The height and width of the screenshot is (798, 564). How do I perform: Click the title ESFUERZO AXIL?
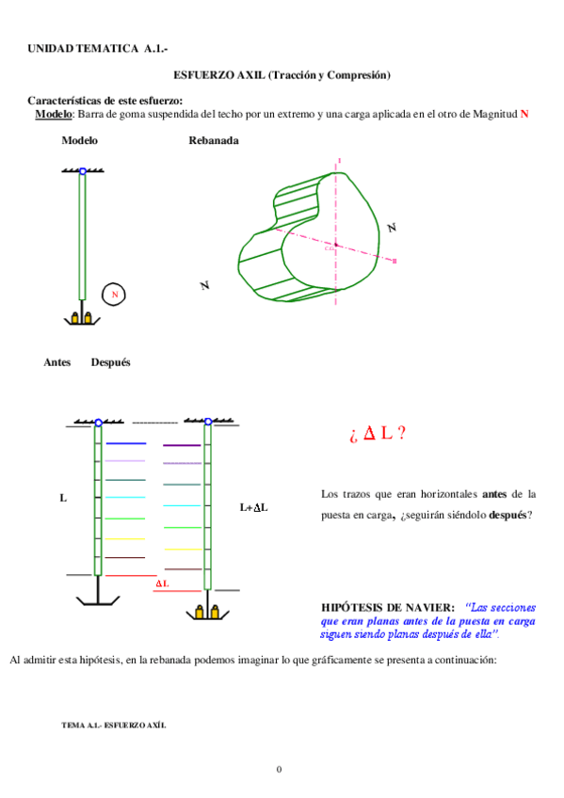click(219, 74)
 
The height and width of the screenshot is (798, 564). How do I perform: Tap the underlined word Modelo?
click(54, 114)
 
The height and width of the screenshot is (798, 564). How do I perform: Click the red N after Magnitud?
click(524, 114)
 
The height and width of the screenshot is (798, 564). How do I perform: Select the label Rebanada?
click(213, 140)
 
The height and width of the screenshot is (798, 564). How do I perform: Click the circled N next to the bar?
click(114, 295)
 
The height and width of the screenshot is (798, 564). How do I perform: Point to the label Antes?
click(57, 362)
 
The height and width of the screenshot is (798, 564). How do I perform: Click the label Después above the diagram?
click(110, 362)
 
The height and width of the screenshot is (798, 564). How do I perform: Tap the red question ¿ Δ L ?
click(377, 434)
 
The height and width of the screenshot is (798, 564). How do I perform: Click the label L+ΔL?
click(254, 507)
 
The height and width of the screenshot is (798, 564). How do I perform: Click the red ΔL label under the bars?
click(162, 583)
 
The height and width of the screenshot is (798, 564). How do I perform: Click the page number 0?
click(279, 770)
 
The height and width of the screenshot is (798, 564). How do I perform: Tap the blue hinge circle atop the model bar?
click(83, 170)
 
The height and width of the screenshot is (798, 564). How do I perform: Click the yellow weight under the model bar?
click(82, 318)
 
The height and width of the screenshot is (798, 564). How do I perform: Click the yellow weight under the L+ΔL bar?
click(207, 611)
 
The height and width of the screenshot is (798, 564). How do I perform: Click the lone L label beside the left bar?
click(63, 498)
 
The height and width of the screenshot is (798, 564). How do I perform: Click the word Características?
click(69, 101)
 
